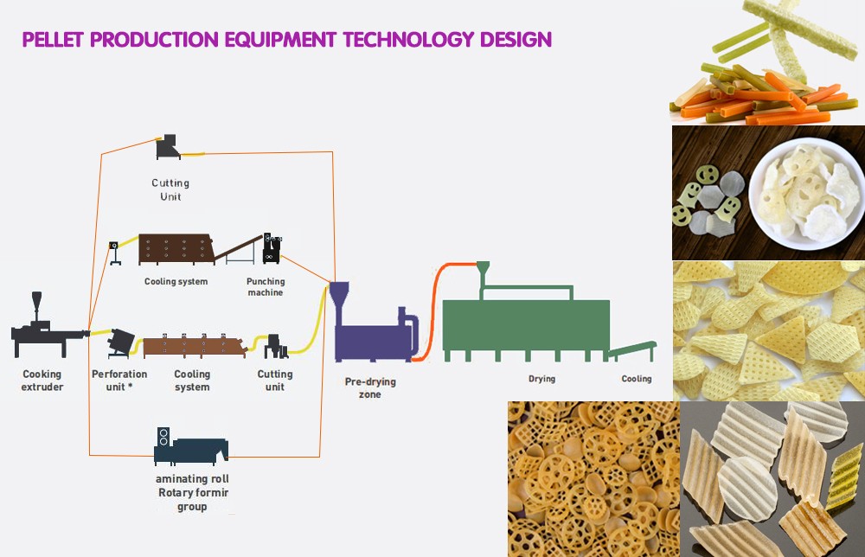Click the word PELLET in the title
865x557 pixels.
pos(53,40)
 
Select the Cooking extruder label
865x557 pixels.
pos(42,381)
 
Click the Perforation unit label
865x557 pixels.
pos(119,381)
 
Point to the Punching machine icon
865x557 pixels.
pos(272,248)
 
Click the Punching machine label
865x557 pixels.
pos(266,287)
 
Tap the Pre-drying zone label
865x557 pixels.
pos(370,387)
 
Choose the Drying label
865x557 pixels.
pos(542,379)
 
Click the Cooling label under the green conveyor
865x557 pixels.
pos(637,379)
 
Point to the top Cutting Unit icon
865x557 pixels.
pos(169,147)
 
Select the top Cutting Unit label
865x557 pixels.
pos(170,189)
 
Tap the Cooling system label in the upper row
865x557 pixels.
pos(176,282)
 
